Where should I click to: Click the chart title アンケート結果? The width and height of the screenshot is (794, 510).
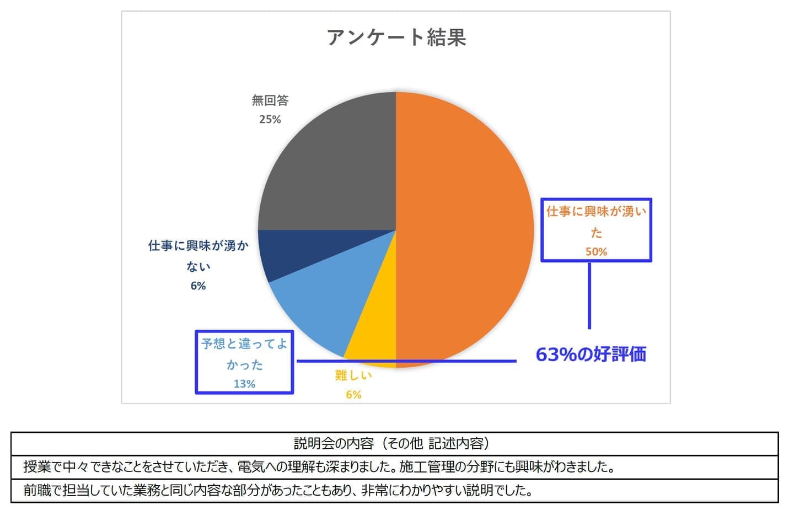[396, 37]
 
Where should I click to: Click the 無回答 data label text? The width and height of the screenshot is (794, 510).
[270, 100]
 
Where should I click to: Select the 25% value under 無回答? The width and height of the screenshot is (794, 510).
[270, 119]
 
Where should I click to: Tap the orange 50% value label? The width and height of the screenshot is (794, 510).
[596, 252]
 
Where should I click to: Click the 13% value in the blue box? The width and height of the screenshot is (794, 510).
[244, 384]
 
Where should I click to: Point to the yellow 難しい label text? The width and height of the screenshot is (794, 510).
[353, 376]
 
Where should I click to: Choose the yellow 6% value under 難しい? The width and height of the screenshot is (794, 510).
[353, 395]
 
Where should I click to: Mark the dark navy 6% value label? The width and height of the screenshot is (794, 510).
[198, 286]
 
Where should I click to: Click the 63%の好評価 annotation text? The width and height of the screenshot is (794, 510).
[591, 354]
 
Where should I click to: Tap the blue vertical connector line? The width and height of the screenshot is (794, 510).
[589, 295]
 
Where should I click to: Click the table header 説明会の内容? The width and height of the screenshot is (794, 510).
[392, 443]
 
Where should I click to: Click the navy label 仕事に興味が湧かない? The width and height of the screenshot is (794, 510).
[198, 256]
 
